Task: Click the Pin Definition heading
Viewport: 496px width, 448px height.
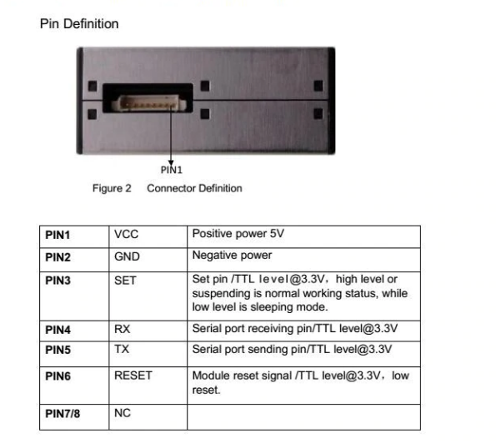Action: tap(79, 24)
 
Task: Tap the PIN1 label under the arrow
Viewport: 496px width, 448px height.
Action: tap(172, 170)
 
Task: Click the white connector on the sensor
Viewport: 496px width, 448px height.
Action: tap(149, 103)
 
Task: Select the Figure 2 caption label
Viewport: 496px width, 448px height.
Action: tap(112, 188)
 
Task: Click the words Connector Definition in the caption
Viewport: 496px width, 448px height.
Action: tap(194, 188)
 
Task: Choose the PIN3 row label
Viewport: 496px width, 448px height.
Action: tap(58, 281)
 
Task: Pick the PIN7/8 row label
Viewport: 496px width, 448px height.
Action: tap(63, 414)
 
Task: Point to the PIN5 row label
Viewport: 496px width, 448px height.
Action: tap(58, 350)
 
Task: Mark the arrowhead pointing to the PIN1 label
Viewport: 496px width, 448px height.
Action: tap(171, 162)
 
